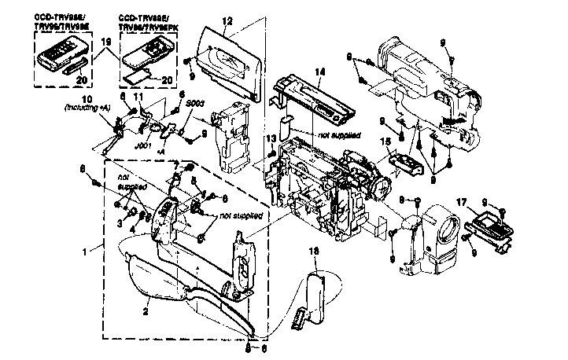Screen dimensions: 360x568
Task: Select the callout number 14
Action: click(319, 72)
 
